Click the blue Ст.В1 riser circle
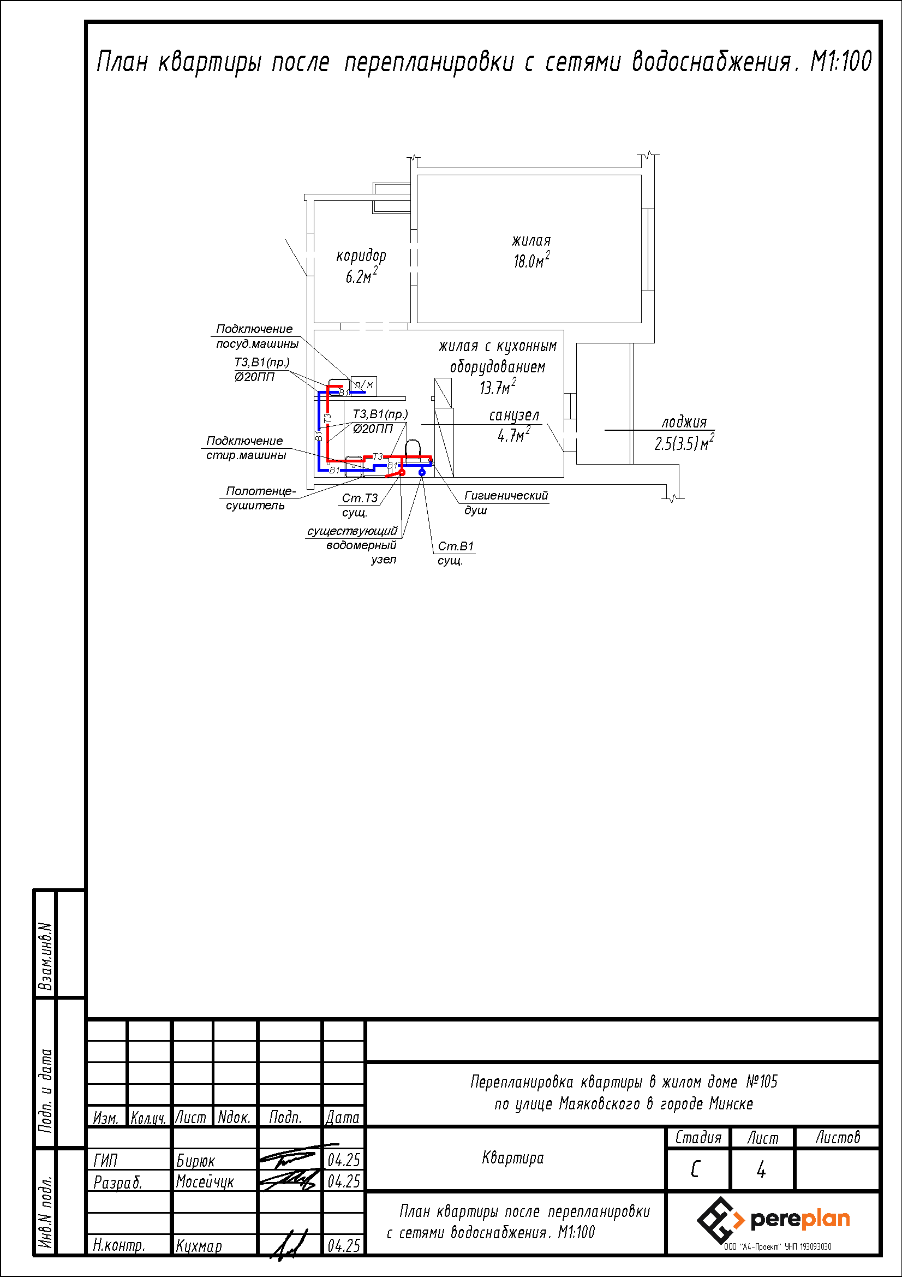(422, 472)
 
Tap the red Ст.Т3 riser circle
(402, 472)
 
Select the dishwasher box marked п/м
(364, 385)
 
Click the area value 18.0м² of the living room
(532, 260)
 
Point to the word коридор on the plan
(361, 256)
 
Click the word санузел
(514, 415)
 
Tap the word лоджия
(684, 422)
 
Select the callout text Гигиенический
(506, 496)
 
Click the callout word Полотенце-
(261, 491)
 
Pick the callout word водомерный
(361, 545)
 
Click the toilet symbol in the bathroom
(413, 451)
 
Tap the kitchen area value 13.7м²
(498, 387)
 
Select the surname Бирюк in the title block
(195, 1161)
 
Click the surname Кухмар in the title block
(199, 1246)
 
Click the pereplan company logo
(773, 1220)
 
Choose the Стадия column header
(698, 1138)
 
